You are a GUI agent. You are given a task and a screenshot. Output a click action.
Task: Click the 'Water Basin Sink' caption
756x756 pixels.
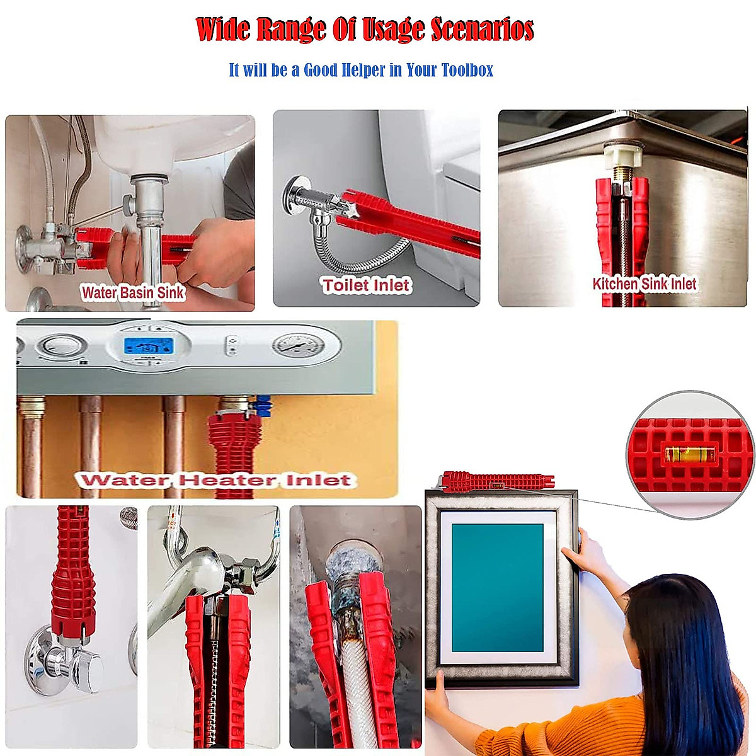132,292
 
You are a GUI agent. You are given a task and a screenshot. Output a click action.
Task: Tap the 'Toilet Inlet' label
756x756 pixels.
366,285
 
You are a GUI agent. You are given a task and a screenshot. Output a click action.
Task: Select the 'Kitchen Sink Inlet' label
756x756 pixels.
644,284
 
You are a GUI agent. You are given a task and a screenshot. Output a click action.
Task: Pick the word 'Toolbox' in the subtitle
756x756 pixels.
467,70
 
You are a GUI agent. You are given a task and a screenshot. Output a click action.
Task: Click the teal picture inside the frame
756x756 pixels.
497,587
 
